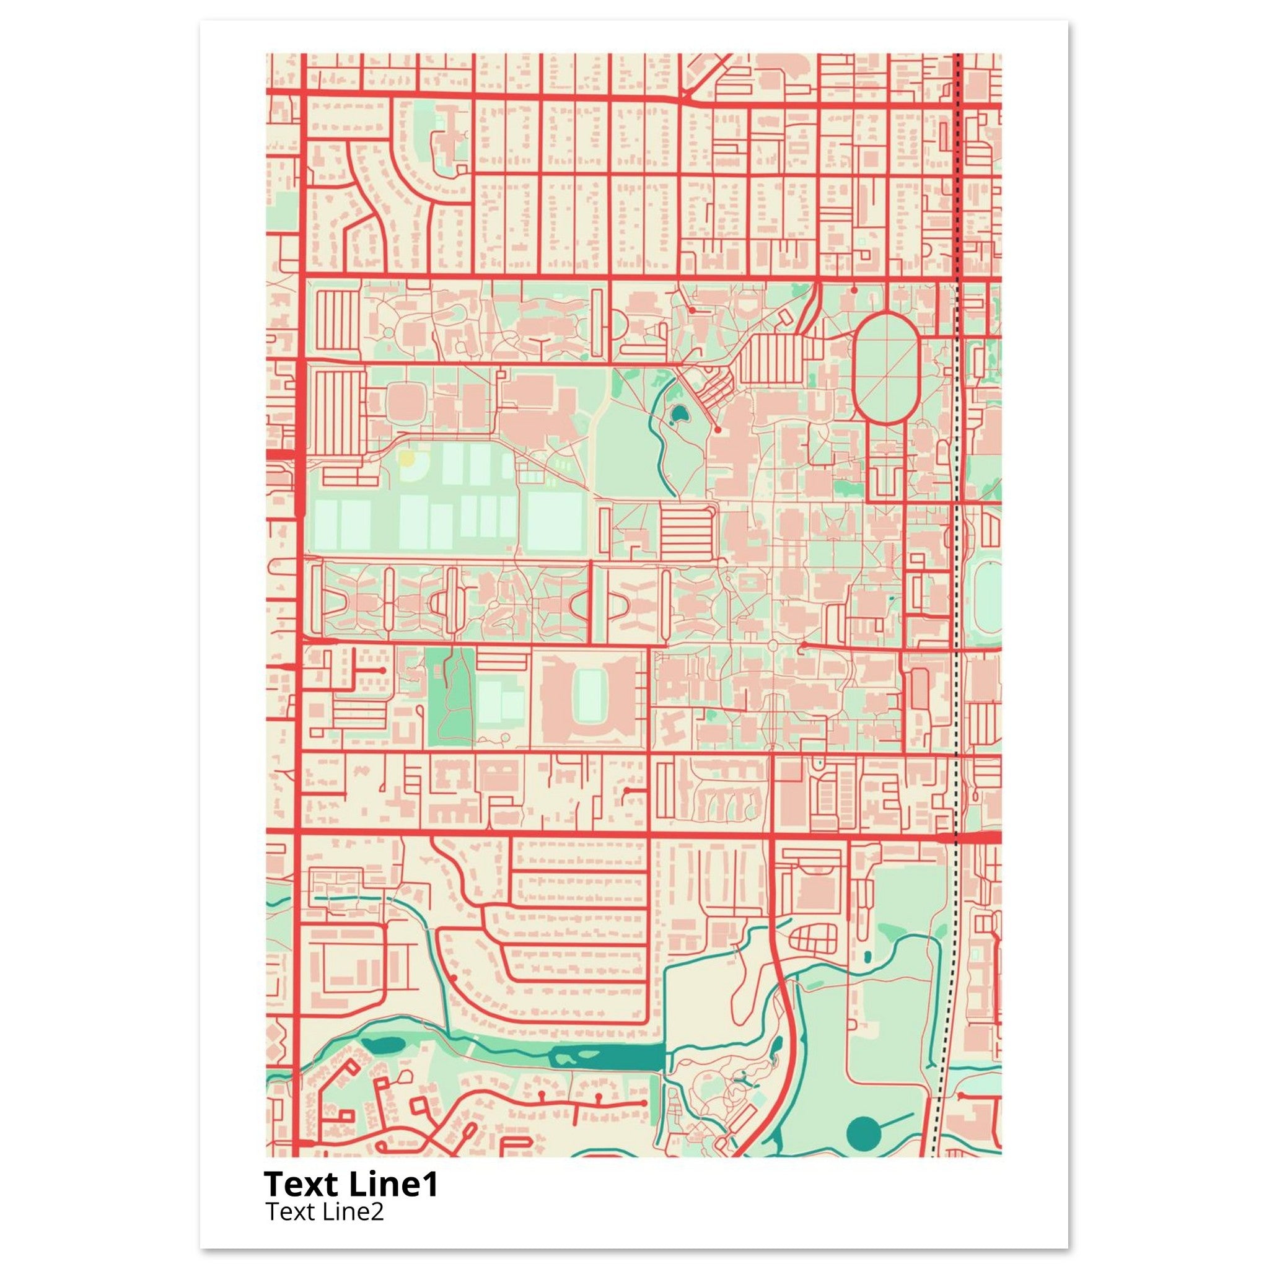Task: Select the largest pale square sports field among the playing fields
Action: point(555,521)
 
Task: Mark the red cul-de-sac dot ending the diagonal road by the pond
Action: point(719,429)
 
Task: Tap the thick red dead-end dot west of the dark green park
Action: point(383,669)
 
